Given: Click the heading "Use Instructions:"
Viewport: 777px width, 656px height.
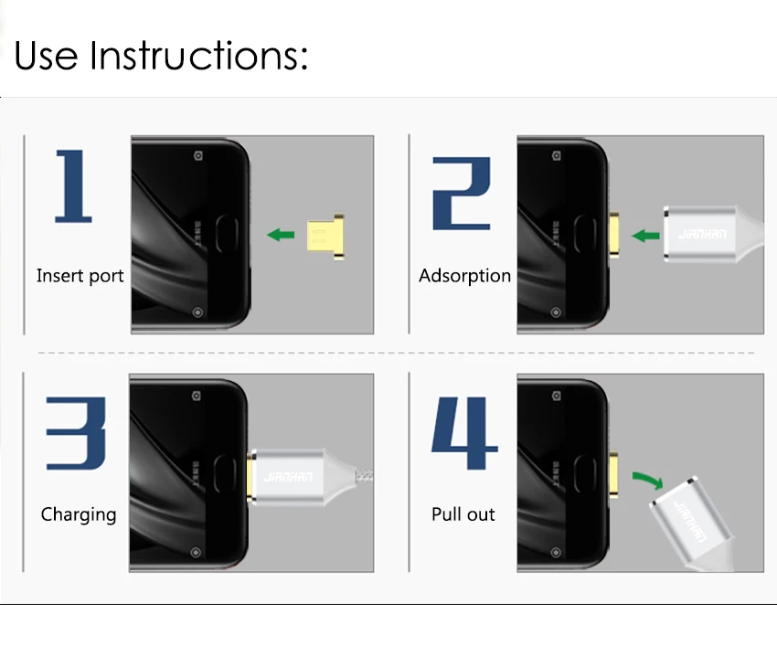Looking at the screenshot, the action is (161, 55).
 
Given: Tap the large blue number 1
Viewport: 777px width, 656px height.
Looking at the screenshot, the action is (73, 186).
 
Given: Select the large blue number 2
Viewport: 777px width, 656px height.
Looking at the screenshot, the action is (462, 194).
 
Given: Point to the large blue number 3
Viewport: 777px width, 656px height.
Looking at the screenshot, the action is (76, 433).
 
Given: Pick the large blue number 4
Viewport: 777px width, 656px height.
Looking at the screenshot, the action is (464, 432).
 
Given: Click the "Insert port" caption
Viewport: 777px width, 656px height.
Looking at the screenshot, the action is (80, 276).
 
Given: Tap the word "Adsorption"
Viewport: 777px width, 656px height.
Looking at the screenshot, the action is (464, 276).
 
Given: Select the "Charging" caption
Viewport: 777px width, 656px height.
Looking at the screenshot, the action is (79, 514).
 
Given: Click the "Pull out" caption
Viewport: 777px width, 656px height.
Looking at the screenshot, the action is (463, 514).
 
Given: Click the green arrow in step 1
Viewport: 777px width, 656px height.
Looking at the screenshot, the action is (281, 235).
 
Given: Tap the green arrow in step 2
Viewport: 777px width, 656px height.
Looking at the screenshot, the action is (645, 235).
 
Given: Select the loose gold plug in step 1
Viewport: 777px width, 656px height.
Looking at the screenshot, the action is (325, 237).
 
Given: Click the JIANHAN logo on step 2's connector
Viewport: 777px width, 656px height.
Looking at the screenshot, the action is (702, 234).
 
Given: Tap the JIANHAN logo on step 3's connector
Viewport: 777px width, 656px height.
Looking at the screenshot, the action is (288, 477).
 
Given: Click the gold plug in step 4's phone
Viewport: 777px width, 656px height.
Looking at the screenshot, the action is (613, 476).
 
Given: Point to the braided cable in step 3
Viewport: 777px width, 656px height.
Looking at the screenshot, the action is (364, 476).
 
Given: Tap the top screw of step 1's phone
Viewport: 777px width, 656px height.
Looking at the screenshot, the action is (198, 155).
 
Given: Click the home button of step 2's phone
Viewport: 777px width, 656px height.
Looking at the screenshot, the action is (585, 234).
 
